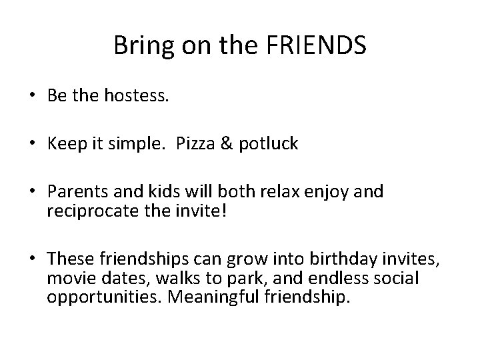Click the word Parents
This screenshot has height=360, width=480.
click(75, 192)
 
